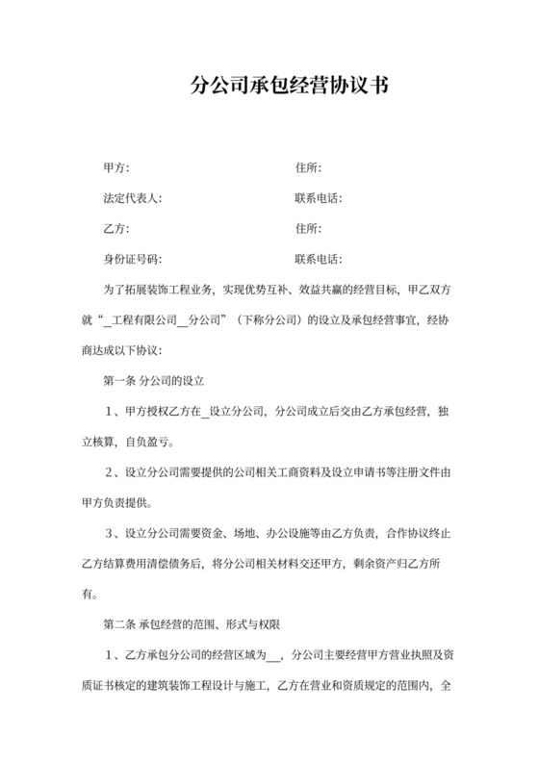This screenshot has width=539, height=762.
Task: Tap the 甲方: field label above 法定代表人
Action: (x=115, y=168)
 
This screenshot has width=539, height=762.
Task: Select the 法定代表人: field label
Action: (x=132, y=198)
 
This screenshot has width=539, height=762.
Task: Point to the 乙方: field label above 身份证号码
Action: (x=115, y=228)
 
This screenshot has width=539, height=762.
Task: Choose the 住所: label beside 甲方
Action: (x=308, y=168)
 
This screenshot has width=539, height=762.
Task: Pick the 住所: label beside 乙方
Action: (x=308, y=228)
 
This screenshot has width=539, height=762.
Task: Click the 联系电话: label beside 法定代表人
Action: (x=319, y=198)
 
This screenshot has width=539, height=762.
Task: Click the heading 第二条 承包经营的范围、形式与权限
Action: (x=192, y=626)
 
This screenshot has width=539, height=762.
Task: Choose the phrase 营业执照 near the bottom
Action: (x=395, y=656)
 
